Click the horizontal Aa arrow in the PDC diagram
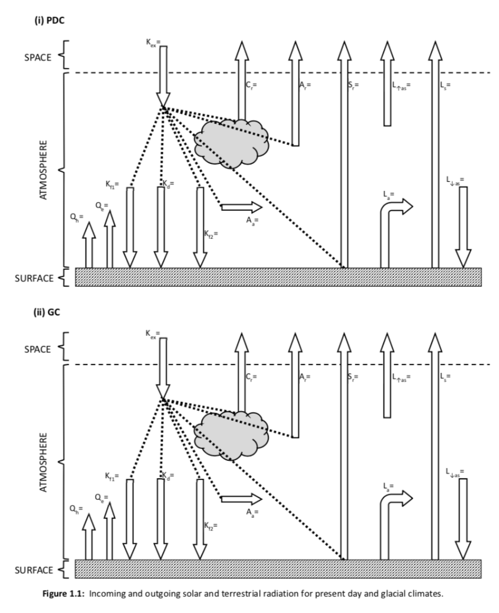[x=241, y=207]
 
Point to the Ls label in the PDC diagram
[x=445, y=85]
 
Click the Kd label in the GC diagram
[x=168, y=474]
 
